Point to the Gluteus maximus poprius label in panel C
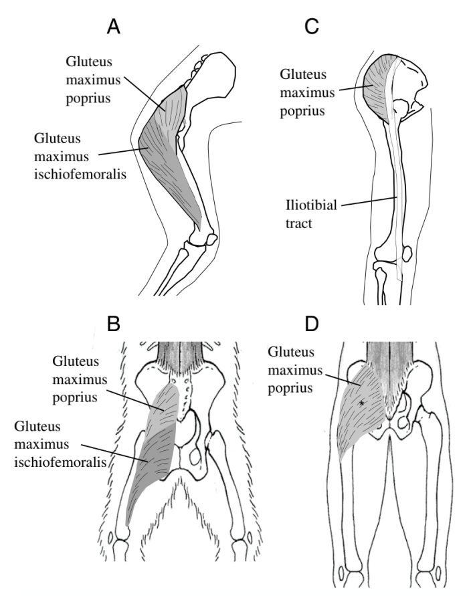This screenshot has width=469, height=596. pos(307,92)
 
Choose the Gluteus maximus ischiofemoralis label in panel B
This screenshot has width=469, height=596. pos(58,443)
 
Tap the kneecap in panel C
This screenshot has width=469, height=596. pos(406,254)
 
